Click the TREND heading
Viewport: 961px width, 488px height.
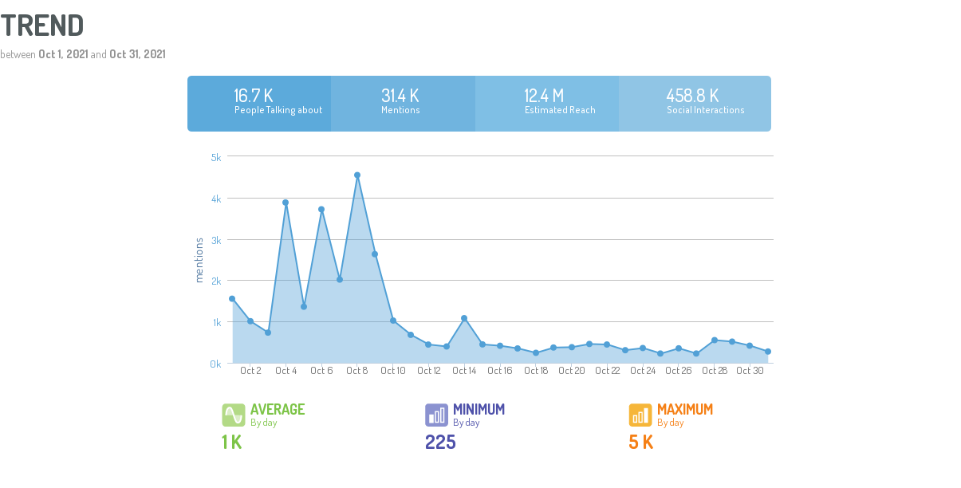(42, 26)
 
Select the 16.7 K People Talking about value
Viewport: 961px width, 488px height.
(254, 96)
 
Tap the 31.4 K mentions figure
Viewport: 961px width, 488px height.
(400, 96)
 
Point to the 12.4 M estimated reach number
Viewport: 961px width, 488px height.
(544, 96)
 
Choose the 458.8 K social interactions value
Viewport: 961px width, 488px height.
(692, 96)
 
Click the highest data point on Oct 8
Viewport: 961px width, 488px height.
(357, 175)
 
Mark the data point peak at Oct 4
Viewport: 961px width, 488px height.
(286, 203)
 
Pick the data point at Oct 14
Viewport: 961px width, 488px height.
(464, 318)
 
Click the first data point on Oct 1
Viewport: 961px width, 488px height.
(232, 299)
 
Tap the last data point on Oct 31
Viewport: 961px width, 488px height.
(768, 352)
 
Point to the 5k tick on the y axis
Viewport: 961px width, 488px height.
(216, 157)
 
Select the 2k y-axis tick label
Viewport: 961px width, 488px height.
(216, 281)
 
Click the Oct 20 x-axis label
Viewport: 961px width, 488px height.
(572, 371)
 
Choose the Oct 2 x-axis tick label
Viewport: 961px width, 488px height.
(250, 371)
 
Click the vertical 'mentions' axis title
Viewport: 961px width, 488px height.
(199, 259)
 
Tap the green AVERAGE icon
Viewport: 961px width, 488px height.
(234, 415)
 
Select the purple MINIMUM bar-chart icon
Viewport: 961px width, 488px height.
(436, 415)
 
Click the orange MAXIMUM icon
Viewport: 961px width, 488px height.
(640, 415)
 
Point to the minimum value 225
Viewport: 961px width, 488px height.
(440, 442)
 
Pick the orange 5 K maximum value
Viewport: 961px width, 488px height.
(641, 442)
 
